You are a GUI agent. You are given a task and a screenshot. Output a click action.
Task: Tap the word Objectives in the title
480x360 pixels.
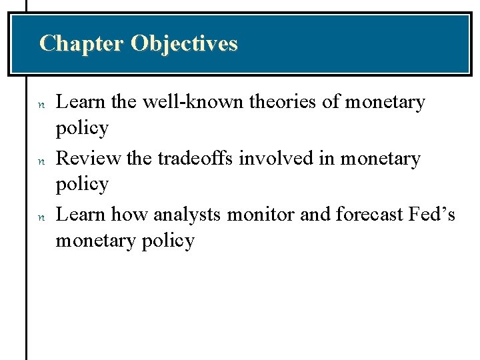(184, 43)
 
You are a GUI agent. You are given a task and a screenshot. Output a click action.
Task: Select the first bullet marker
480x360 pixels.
(41, 104)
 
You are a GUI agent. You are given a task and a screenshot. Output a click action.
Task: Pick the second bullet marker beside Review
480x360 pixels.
(41, 161)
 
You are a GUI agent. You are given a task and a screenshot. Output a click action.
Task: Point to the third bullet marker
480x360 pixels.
(41, 217)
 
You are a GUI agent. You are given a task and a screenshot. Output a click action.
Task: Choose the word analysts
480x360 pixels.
(189, 215)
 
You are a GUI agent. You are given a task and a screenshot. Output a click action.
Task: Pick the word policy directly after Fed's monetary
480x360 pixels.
(169, 241)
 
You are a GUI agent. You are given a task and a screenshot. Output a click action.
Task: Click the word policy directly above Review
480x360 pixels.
(82, 128)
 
